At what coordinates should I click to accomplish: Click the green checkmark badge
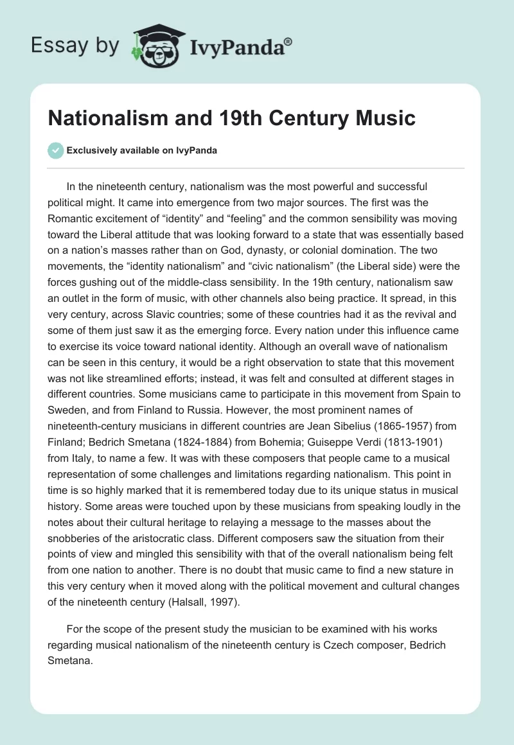click(56, 150)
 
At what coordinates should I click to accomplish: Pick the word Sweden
click(85, 409)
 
